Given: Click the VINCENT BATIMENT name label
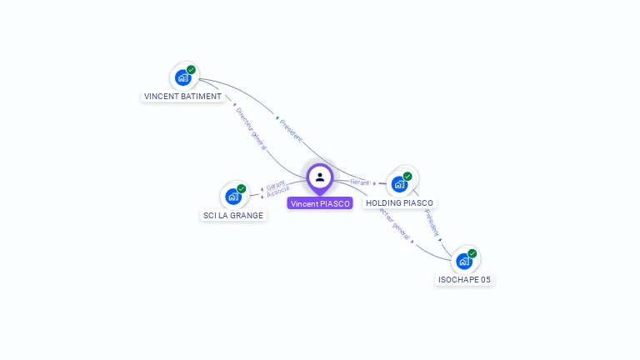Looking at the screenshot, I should (x=182, y=96).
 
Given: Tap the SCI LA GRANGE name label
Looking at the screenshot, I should (x=233, y=215).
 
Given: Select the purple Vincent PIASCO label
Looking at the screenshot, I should (x=320, y=203).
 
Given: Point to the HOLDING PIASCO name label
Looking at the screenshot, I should (x=400, y=202).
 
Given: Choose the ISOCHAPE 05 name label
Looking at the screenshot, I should (x=464, y=279).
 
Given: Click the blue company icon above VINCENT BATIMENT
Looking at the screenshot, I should (x=182, y=77).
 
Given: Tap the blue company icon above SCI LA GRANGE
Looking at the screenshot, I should (x=233, y=197).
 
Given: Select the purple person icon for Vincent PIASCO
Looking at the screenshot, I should (x=320, y=177).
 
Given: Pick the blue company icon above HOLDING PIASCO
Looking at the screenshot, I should (x=400, y=183).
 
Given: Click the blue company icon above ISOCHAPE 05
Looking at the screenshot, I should (x=464, y=261).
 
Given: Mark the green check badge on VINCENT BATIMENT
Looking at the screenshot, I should (x=192, y=70).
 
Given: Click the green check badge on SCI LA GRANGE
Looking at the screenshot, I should (x=242, y=188).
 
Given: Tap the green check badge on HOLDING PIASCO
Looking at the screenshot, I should (x=407, y=176).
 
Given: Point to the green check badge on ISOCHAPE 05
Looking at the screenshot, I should (x=472, y=253).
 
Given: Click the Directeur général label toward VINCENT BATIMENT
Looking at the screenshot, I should (x=251, y=127).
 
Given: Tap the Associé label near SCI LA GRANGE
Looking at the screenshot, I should (x=278, y=192).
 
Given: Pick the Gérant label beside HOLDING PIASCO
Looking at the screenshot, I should (x=360, y=182).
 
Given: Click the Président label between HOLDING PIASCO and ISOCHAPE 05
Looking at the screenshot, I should (x=431, y=223).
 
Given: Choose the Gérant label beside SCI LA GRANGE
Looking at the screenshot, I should (x=276, y=184).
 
